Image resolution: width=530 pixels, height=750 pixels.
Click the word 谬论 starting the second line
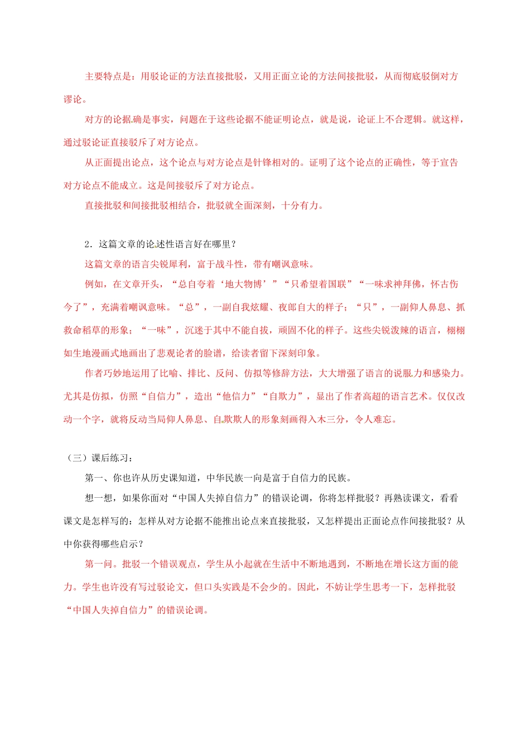[73, 99]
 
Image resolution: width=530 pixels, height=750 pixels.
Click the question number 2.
[88, 244]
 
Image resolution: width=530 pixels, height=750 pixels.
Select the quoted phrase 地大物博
[243, 284]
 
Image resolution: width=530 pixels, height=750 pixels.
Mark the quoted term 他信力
[237, 396]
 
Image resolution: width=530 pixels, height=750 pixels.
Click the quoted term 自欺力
[283, 396]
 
